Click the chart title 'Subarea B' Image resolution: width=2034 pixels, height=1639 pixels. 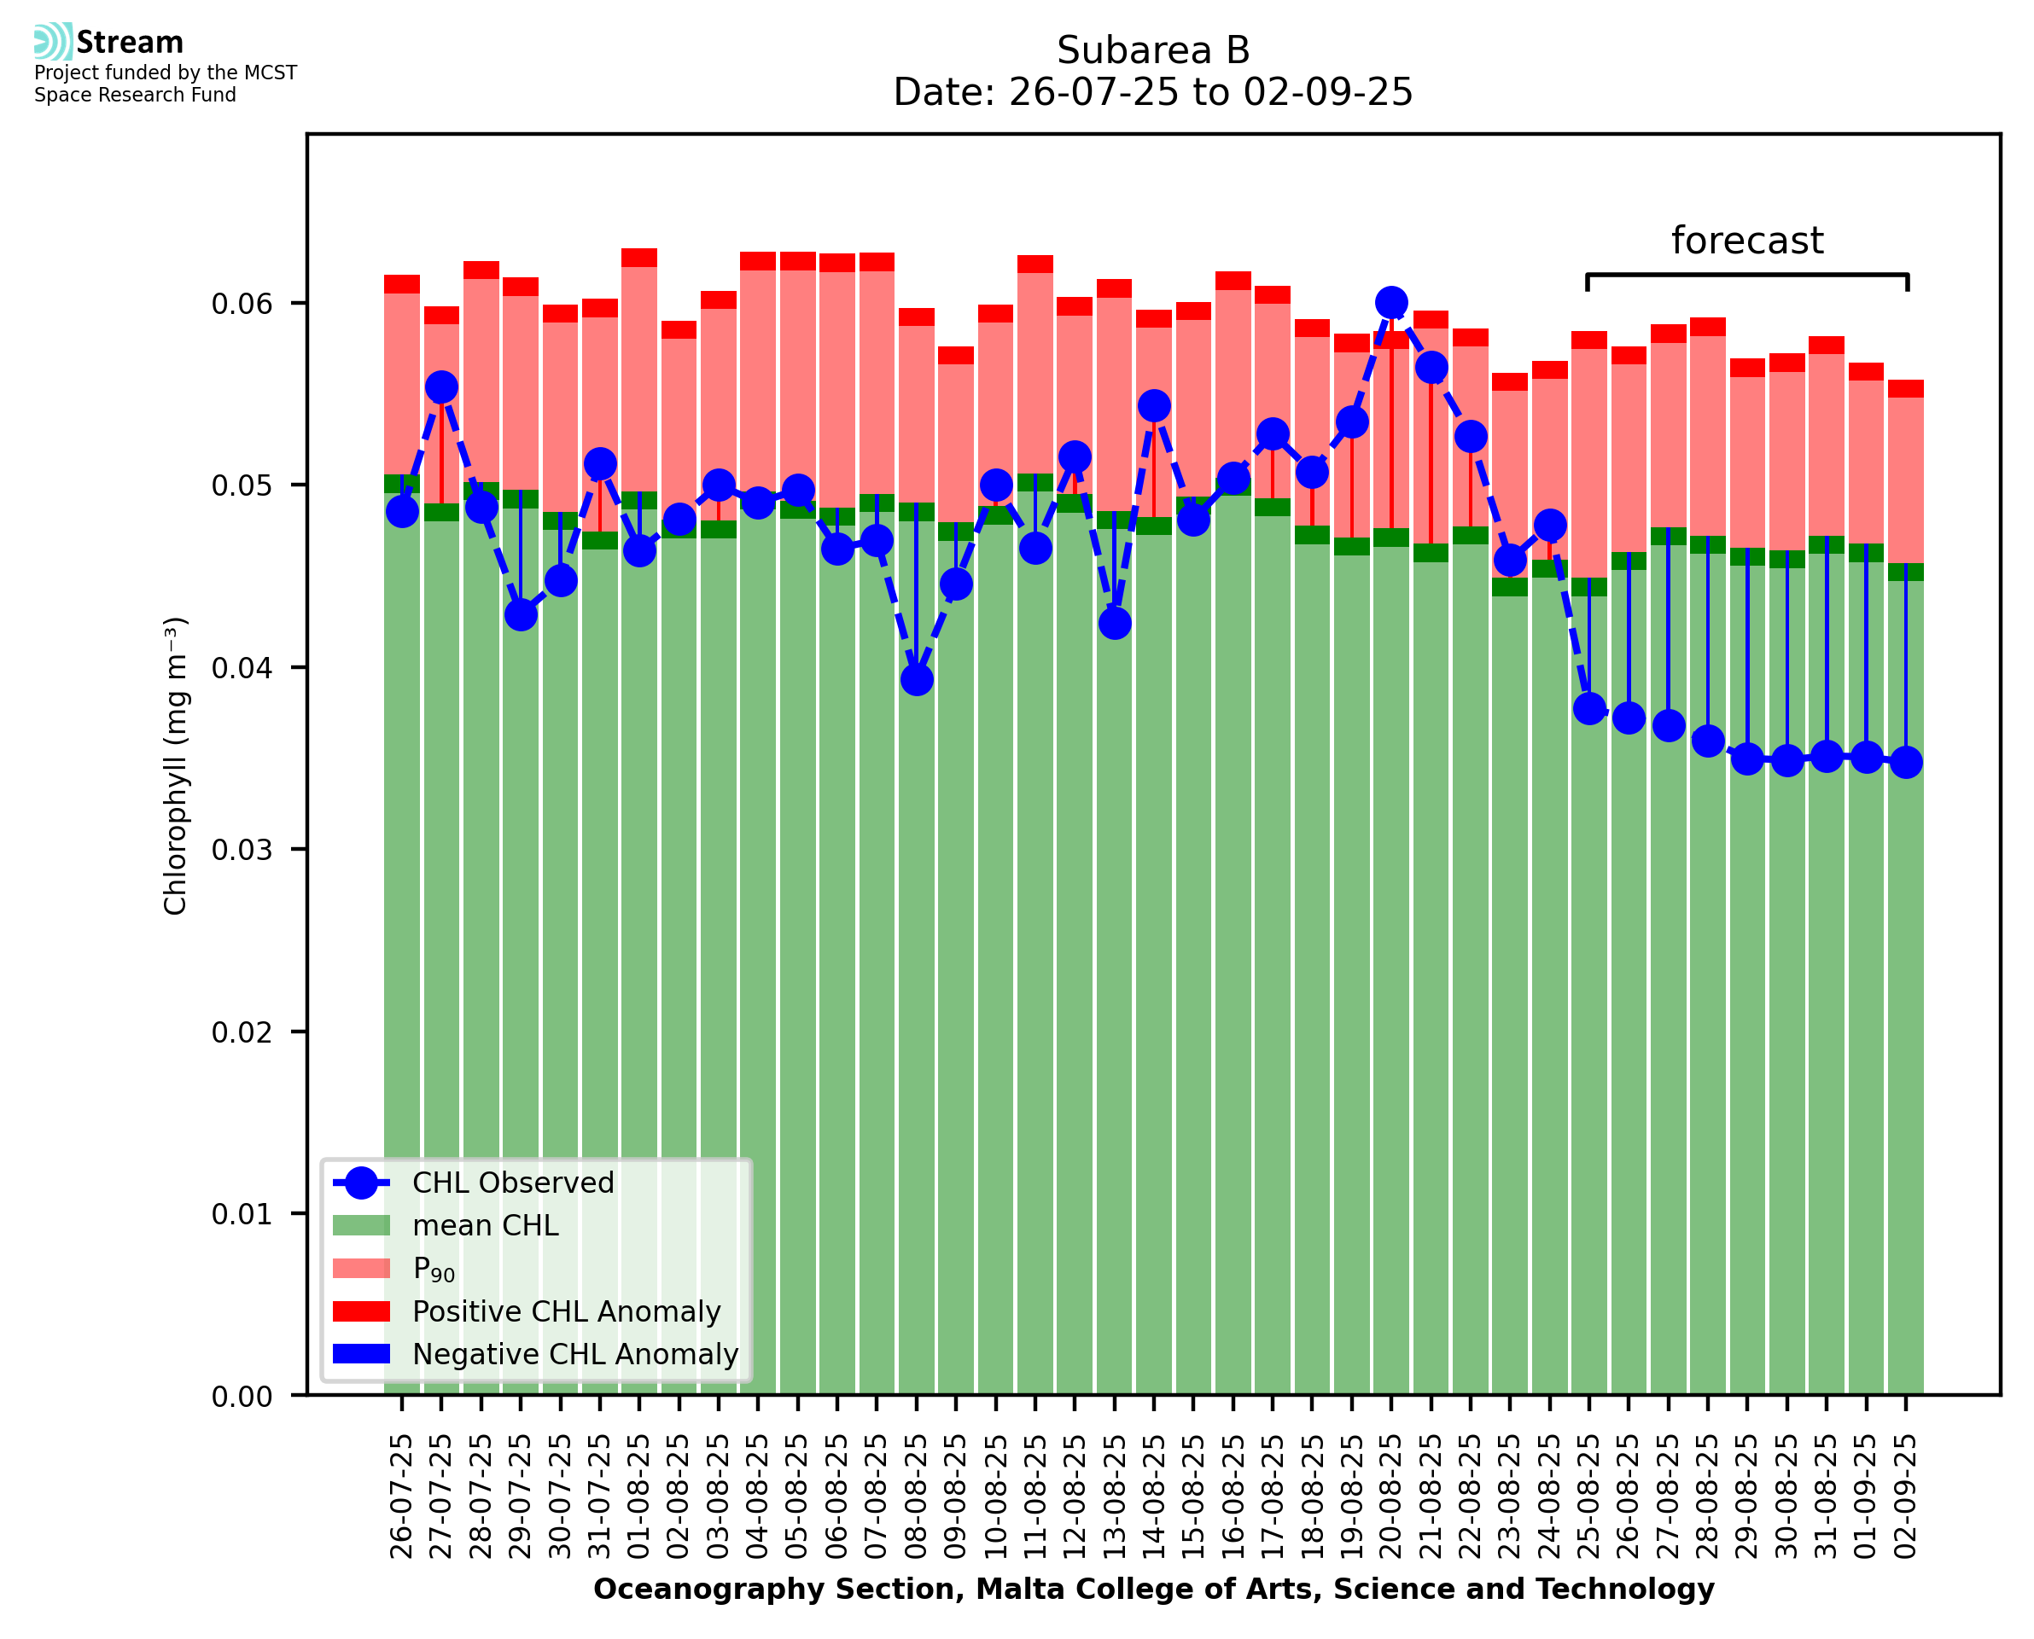point(1152,50)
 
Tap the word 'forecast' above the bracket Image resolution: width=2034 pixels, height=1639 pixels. point(1746,241)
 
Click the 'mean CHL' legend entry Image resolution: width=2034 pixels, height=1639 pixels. point(486,1225)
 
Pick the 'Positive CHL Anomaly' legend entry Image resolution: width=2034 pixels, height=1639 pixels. point(566,1311)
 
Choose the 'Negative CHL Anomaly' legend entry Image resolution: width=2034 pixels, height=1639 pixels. point(574,1354)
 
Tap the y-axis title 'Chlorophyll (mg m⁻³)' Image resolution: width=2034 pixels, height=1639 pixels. point(176,765)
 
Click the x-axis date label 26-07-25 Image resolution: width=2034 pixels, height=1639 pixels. point(402,1497)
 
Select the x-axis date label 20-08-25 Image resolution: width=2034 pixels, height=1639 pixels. point(1391,1497)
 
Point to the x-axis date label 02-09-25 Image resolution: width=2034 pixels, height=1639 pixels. point(1906,1497)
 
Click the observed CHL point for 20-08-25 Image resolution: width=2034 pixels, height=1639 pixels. point(1391,303)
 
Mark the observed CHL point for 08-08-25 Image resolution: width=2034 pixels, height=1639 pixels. point(916,680)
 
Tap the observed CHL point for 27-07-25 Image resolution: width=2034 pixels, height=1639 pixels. point(442,387)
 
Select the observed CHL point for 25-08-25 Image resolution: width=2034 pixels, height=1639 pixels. point(1589,708)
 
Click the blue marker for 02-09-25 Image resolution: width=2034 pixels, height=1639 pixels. point(1906,762)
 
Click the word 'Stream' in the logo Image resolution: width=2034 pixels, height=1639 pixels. point(130,43)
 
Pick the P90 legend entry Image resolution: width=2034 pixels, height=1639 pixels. point(434,1269)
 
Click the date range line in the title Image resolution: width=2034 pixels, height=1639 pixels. point(1152,92)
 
